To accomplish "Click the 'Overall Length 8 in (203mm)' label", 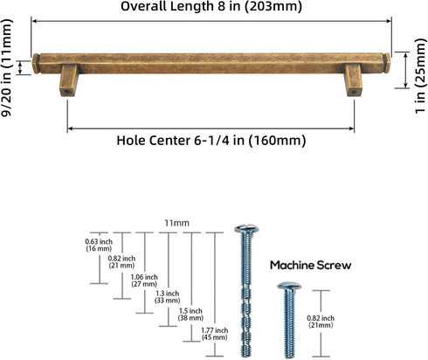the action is [211, 6].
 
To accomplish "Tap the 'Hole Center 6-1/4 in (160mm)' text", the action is [211, 141].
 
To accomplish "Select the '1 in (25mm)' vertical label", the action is [420, 76].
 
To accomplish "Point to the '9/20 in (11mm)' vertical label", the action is [6, 67].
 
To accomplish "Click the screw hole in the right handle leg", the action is [354, 93].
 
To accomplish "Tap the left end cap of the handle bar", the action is [36, 64].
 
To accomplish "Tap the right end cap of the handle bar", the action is [388, 63].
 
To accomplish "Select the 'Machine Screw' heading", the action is [311, 266].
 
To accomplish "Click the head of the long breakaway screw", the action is [246, 229].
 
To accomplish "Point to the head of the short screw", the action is [289, 286].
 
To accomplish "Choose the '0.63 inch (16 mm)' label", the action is [99, 245].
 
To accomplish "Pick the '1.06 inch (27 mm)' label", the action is [144, 280].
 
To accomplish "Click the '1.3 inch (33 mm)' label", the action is [168, 297].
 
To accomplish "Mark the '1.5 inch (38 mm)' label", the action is [190, 315].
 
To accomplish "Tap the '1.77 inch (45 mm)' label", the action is [215, 334].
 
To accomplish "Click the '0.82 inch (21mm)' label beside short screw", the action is [321, 322].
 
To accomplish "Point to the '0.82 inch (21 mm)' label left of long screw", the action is [121, 262].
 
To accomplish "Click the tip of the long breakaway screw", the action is [246, 356].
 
